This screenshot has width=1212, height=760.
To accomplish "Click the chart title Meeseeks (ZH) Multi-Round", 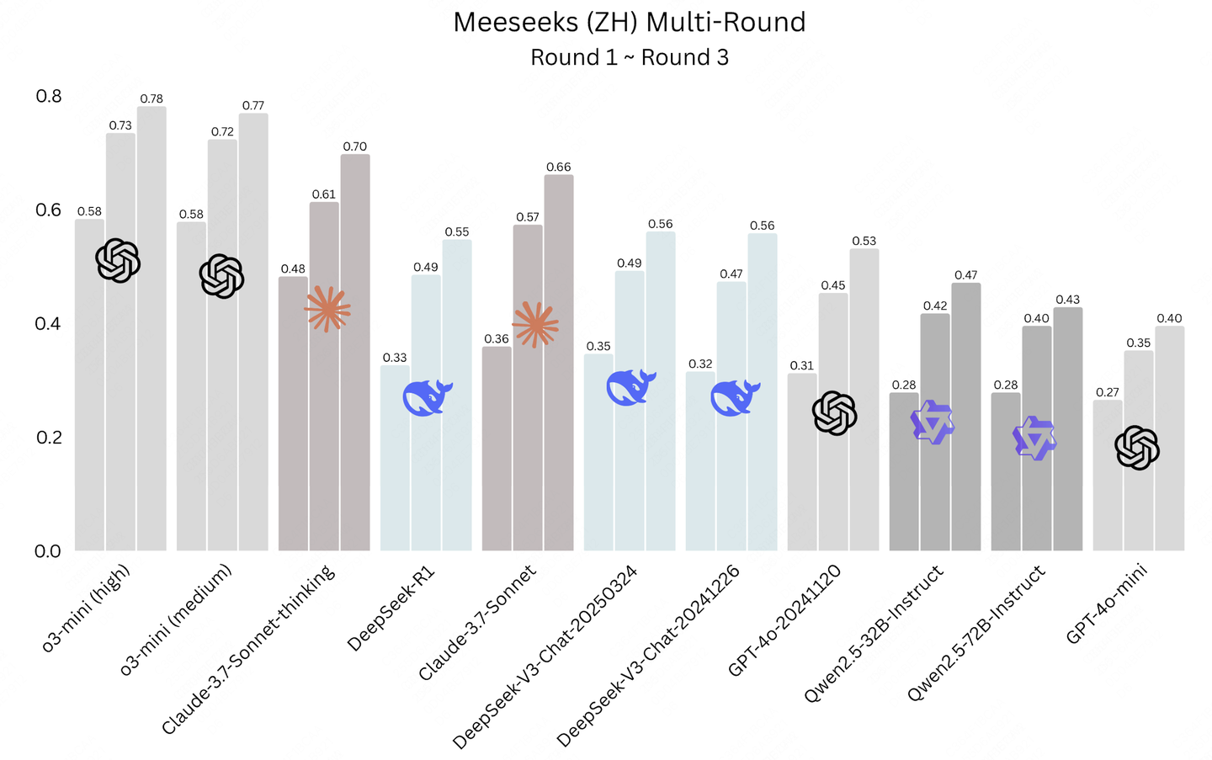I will (629, 22).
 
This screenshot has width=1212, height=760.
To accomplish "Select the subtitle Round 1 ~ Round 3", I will (629, 57).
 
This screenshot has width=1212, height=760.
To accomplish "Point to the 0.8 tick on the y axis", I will (49, 96).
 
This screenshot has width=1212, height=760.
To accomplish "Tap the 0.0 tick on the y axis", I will (48, 551).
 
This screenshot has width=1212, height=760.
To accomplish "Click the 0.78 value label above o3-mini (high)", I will (151, 98).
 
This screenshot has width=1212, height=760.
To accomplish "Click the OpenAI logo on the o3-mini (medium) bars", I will (221, 276).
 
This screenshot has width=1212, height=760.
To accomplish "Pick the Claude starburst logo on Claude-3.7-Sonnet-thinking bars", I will (327, 309).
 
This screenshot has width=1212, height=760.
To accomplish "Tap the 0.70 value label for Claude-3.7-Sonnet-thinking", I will (354, 146).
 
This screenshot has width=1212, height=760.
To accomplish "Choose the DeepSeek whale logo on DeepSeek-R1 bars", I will (428, 397).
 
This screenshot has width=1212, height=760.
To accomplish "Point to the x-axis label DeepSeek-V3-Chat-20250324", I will (545, 656).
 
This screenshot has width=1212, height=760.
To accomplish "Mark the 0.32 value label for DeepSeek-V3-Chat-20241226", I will (700, 364).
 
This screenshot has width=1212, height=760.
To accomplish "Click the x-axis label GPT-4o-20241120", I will (784, 621).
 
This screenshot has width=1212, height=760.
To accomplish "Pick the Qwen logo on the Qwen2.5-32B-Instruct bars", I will (933, 423).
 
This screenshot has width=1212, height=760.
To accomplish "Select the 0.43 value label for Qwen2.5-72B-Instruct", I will (1067, 300).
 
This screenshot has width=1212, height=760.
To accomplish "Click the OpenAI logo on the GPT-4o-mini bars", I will (1137, 448).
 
